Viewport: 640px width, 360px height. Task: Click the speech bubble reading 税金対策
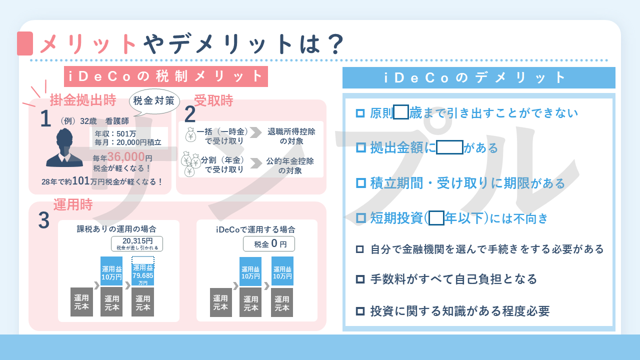click(x=154, y=101)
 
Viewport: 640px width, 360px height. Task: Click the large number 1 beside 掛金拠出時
click(x=45, y=119)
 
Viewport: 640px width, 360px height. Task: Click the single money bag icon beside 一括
click(x=191, y=135)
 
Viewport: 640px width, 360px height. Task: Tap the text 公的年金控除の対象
click(x=290, y=166)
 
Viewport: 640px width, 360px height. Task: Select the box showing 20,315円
click(x=136, y=243)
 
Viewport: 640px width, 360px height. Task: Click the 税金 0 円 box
click(x=269, y=244)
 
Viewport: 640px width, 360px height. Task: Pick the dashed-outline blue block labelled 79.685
click(x=143, y=271)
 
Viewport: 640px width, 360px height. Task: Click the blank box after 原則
click(x=401, y=112)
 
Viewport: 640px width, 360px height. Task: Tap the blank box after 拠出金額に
click(x=449, y=147)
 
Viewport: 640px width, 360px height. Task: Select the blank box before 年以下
click(x=436, y=218)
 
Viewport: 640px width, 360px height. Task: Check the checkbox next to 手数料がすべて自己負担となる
click(x=360, y=279)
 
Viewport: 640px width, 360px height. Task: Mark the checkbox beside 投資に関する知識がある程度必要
click(x=360, y=311)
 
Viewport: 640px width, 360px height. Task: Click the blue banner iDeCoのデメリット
click(x=478, y=77)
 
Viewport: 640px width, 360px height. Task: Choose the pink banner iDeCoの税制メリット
click(x=166, y=76)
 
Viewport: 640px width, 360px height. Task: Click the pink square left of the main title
click(x=25, y=43)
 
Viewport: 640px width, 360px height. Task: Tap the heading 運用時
click(x=73, y=205)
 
